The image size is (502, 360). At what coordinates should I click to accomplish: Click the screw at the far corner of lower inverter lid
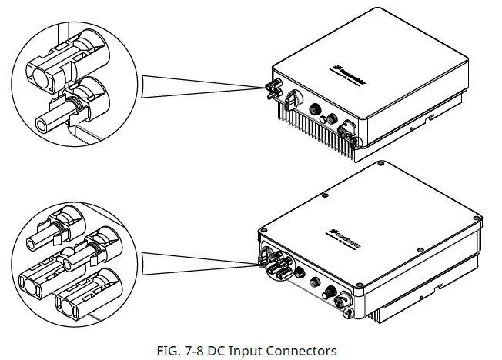point(382,164)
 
